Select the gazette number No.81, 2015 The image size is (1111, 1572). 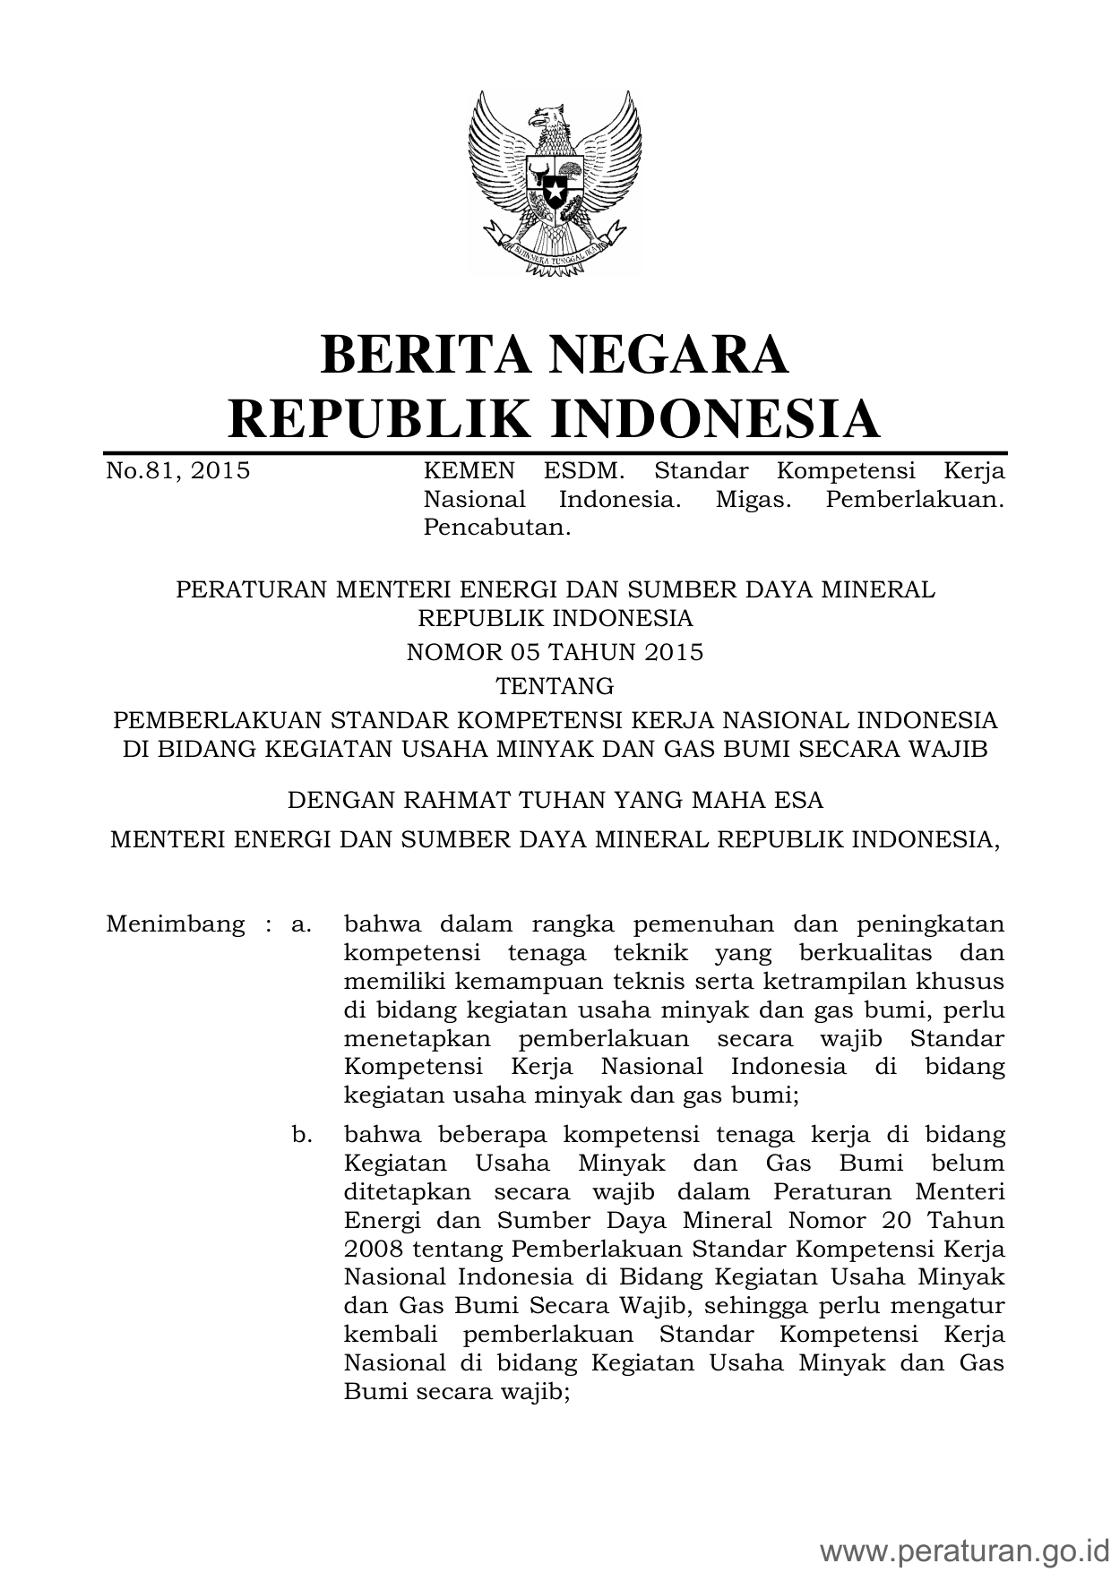(x=177, y=471)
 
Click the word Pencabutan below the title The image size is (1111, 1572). (x=496, y=528)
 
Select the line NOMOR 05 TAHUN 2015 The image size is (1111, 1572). (x=555, y=652)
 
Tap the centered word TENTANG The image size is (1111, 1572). (x=555, y=686)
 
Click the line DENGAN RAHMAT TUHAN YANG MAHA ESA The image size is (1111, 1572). (x=555, y=799)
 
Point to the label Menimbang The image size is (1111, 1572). (x=175, y=924)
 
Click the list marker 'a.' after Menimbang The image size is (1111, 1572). (x=301, y=924)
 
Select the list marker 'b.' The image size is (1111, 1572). (x=302, y=1136)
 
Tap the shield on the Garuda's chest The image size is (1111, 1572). (x=555, y=184)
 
